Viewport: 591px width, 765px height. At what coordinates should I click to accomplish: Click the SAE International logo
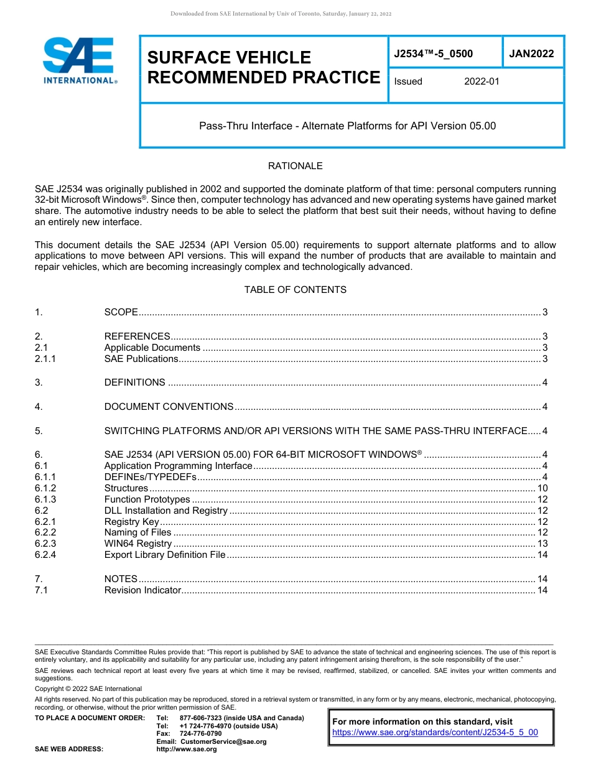79,61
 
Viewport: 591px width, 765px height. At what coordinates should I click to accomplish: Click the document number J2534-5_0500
433,54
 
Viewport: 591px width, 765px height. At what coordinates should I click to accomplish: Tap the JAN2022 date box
531,54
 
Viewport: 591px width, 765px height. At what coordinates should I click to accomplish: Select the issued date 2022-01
482,81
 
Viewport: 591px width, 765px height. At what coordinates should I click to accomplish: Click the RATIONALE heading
295,166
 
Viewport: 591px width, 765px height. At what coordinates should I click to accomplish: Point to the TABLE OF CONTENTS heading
295,290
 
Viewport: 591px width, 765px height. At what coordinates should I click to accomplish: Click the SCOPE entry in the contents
121,312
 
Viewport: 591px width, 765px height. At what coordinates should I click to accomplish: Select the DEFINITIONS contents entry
134,382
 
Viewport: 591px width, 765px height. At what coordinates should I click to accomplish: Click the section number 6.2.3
45,544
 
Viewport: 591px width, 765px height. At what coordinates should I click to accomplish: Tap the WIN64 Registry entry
137,544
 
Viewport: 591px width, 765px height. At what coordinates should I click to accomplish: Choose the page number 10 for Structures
542,488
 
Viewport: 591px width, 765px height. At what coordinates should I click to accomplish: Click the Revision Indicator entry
142,590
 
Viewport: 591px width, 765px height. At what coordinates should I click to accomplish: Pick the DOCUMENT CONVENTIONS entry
169,407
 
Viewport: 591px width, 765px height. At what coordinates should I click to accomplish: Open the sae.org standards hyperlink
435,733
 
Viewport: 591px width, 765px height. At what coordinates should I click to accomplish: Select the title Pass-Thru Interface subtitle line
347,126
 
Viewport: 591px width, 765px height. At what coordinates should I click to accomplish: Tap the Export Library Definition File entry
165,555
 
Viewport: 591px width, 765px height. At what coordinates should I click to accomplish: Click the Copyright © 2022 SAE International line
88,689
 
